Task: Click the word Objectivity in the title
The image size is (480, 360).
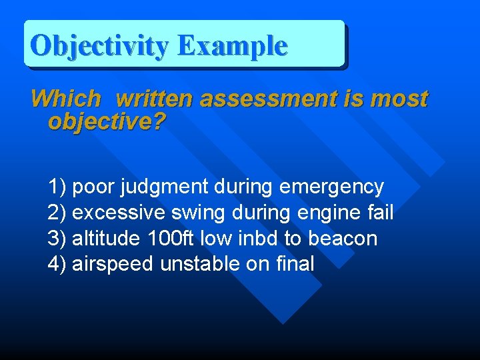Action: tap(100, 45)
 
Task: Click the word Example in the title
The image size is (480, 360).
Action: tap(232, 45)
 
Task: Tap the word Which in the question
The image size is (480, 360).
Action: tap(66, 99)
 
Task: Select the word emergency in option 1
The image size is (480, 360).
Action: tap(331, 187)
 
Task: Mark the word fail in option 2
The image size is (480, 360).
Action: tap(381, 213)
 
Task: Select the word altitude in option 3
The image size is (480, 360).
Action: tap(105, 238)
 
